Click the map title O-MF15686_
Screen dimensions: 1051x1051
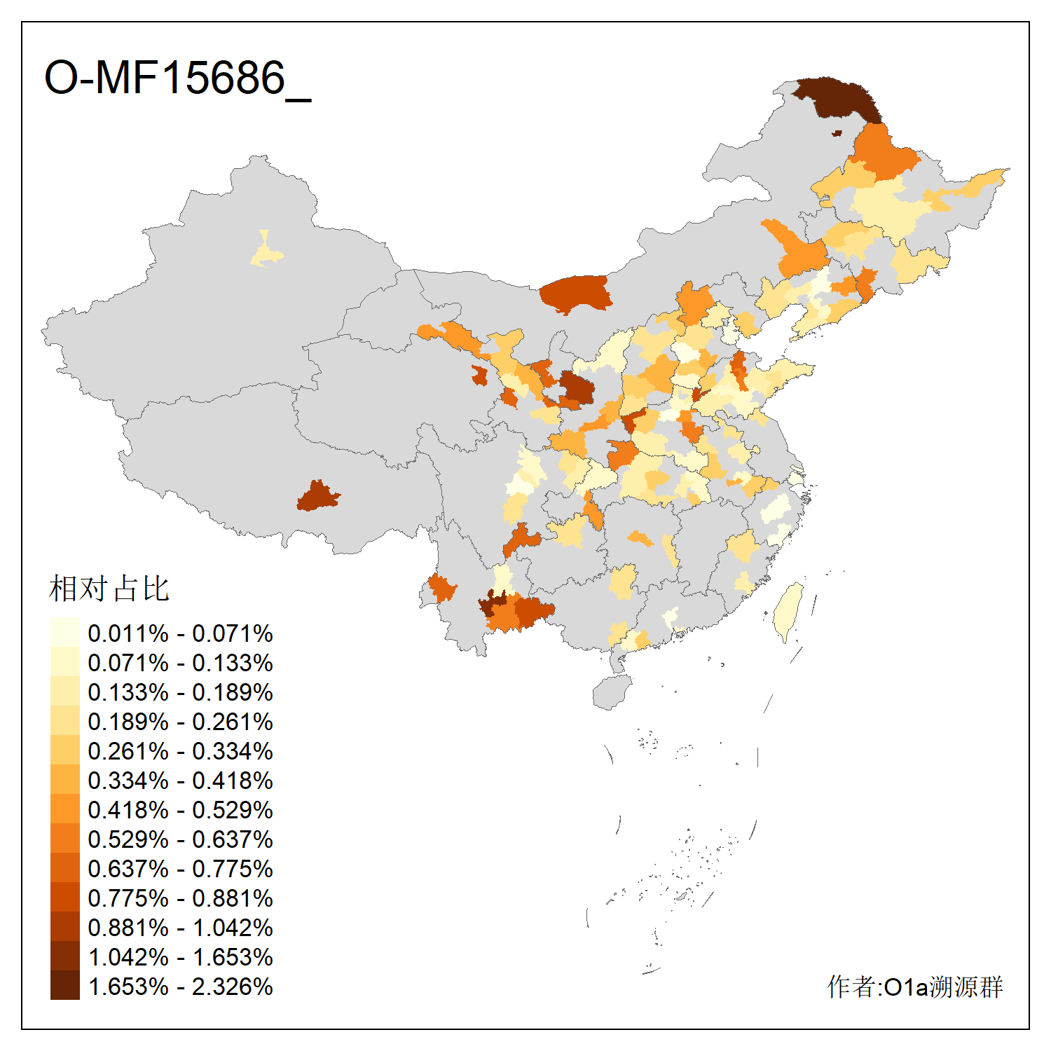coord(177,78)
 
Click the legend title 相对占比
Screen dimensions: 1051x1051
coord(109,589)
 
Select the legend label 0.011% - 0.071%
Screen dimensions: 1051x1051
coord(180,633)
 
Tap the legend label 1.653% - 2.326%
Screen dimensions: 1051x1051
coord(180,987)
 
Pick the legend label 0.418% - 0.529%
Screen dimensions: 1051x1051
coord(180,810)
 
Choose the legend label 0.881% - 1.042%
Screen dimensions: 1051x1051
coord(180,928)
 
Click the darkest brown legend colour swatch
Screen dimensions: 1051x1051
coord(64,986)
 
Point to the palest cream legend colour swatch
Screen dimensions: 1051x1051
coord(64,632)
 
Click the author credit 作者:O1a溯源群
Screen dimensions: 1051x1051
coord(914,987)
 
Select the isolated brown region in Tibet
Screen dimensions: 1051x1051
coord(317,496)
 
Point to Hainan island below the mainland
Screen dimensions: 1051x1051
coord(611,692)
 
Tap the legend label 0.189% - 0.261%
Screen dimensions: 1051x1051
coord(180,722)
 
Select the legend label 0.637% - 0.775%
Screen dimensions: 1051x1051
coord(180,869)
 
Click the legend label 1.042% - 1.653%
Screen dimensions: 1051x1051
coord(180,957)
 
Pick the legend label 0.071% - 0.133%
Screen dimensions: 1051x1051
coord(180,663)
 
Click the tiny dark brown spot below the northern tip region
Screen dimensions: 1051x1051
coord(837,133)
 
